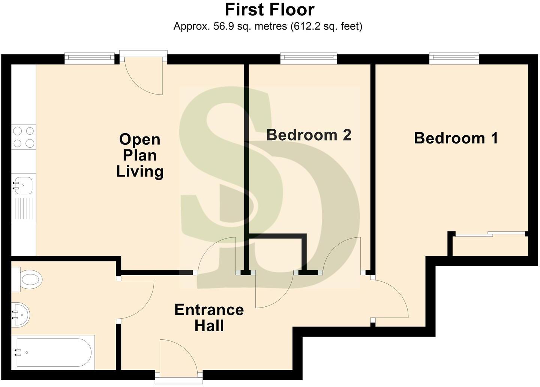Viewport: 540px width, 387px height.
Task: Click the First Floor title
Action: point(270,10)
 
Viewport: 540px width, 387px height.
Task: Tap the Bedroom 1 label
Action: point(456,138)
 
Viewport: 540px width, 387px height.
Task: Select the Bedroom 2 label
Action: point(309,135)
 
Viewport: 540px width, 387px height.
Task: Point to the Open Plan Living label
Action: point(139,155)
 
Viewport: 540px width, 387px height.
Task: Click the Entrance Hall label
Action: point(209,318)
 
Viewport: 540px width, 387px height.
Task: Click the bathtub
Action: point(52,352)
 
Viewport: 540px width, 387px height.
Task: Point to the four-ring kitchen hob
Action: point(23,137)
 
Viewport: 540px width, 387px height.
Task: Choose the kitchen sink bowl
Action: point(23,185)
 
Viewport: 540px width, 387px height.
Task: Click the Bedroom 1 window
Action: point(454,57)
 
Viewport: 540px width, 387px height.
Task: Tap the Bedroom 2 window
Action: point(309,57)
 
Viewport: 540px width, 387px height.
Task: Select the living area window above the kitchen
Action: point(89,57)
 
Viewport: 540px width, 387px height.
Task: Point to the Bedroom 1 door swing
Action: point(390,298)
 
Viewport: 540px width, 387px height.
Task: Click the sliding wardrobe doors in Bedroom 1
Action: point(489,234)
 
